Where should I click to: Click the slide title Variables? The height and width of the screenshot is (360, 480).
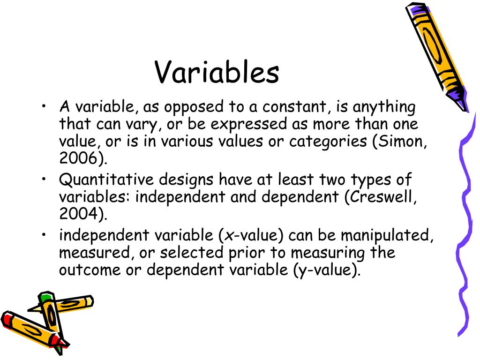tap(217, 73)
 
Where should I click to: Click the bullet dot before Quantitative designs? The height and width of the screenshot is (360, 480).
tap(44, 180)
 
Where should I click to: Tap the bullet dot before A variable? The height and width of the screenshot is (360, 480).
tap(44, 107)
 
